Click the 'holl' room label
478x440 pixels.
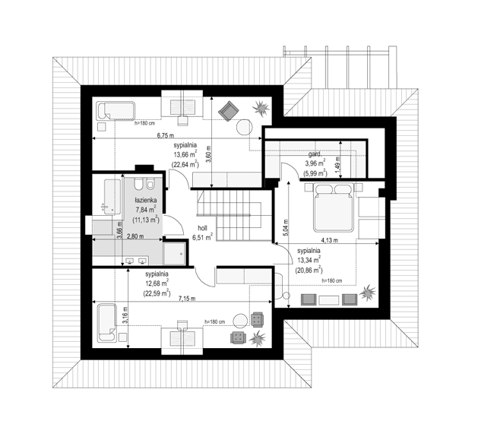pyautogui.click(x=202, y=228)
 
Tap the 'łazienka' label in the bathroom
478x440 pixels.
pyautogui.click(x=146, y=200)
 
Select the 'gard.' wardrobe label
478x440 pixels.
pyautogui.click(x=315, y=155)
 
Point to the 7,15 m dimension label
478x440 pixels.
pyautogui.click(x=187, y=299)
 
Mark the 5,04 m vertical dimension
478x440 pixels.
pyautogui.click(x=285, y=228)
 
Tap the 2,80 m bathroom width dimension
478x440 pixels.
pyautogui.click(x=135, y=236)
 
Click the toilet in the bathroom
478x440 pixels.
pyautogui.click(x=138, y=184)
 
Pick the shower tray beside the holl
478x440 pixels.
pyautogui.click(x=174, y=253)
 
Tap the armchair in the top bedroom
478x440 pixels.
pyautogui.click(x=228, y=111)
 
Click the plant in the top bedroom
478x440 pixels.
pyautogui.click(x=261, y=108)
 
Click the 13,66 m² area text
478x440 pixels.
pyautogui.click(x=184, y=155)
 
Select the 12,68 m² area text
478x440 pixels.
pyautogui.click(x=157, y=283)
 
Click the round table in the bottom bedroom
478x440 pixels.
pyautogui.click(x=241, y=321)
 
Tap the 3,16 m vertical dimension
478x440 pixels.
pyautogui.click(x=125, y=315)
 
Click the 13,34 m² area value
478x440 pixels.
pyautogui.click(x=309, y=260)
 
